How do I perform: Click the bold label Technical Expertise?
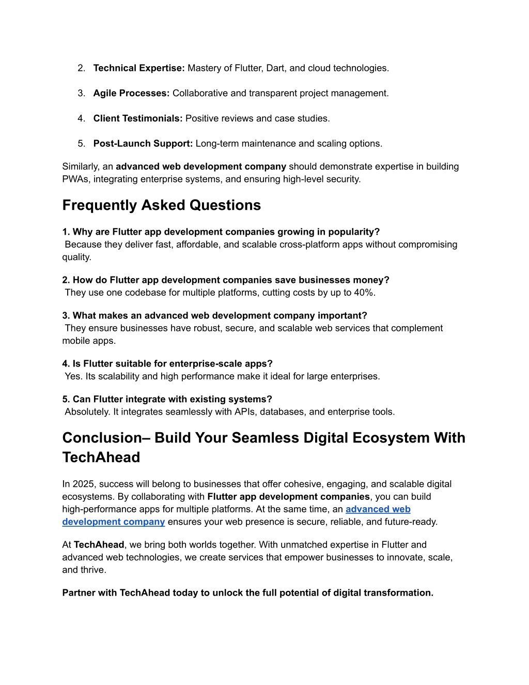138,68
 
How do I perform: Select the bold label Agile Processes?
131,94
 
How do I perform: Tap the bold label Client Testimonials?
137,119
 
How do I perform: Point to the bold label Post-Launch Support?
143,144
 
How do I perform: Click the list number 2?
81,68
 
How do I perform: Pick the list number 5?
81,144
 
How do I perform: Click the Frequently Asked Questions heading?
161,205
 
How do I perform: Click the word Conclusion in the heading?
102,438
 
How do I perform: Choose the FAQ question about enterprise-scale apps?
167,364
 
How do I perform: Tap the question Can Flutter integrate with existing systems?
167,400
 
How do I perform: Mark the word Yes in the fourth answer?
73,376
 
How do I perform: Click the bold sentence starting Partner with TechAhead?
247,593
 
